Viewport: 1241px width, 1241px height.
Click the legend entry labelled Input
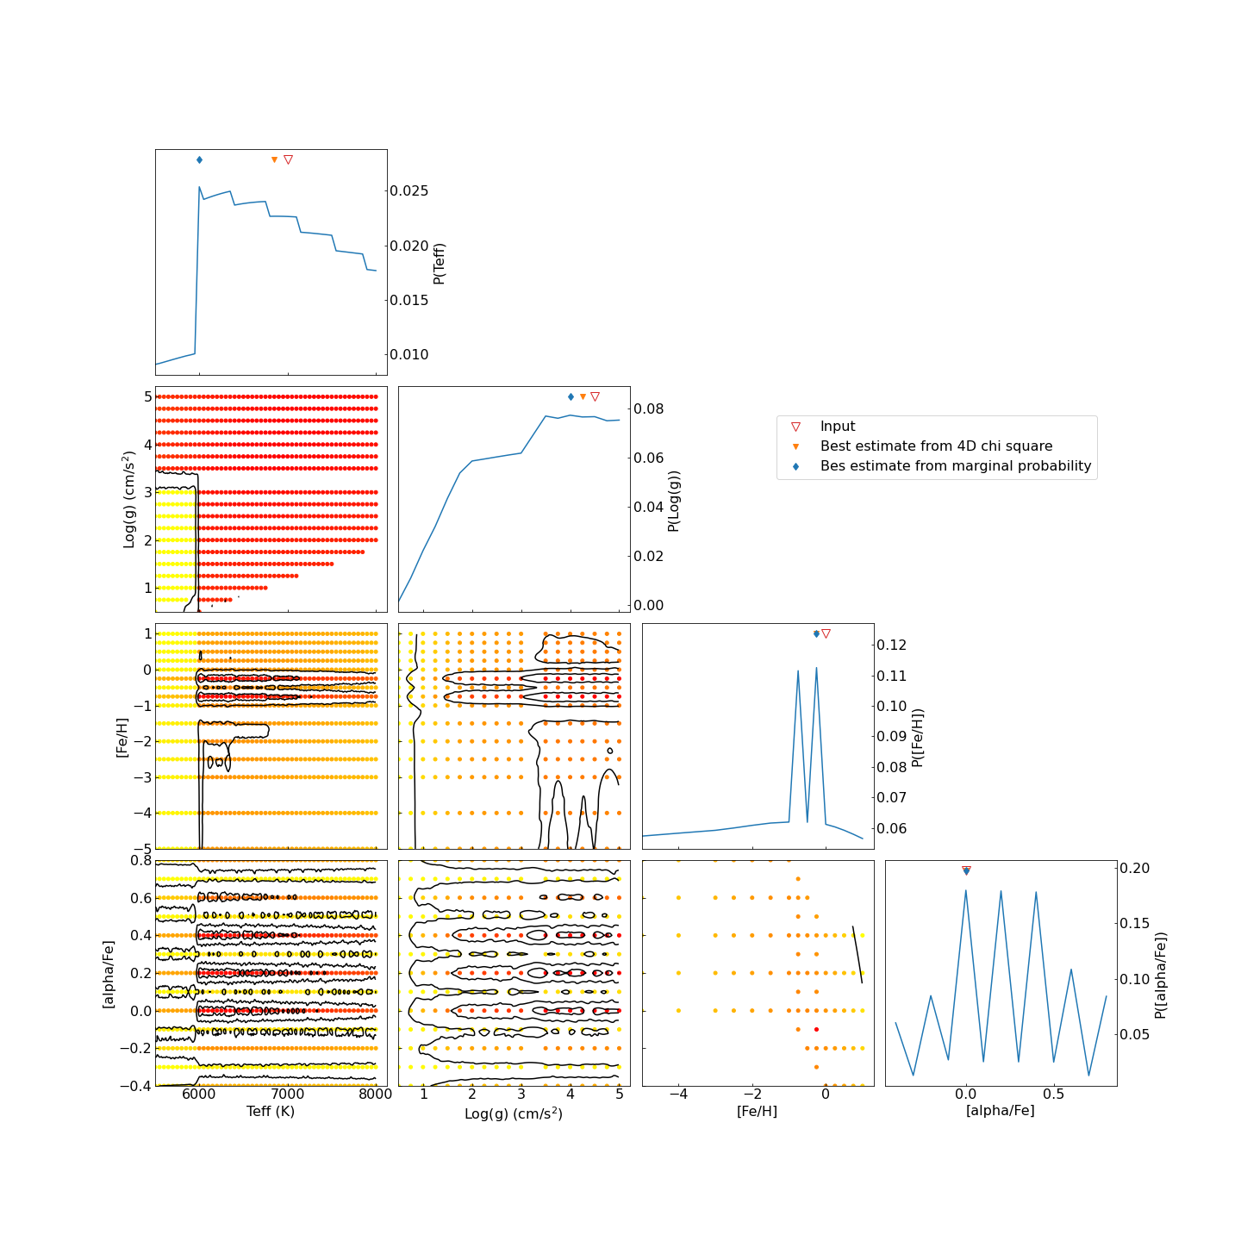[837, 427]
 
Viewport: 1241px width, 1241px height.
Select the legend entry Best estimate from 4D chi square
[936, 446]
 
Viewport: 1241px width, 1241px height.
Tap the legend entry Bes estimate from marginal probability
[955, 466]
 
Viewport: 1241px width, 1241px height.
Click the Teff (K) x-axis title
[271, 1111]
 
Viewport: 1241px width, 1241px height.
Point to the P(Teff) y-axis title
[439, 263]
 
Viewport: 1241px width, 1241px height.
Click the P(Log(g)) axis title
[674, 501]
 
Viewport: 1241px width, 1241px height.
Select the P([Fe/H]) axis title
[918, 738]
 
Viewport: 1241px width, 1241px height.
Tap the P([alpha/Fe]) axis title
[1161, 975]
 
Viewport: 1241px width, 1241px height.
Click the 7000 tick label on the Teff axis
[288, 1094]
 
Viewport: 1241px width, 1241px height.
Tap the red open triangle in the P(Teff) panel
[288, 159]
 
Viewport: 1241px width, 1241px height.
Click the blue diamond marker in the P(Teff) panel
[199, 159]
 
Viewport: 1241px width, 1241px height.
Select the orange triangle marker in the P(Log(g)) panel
[583, 396]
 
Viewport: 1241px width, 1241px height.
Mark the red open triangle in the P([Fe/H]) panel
[826, 633]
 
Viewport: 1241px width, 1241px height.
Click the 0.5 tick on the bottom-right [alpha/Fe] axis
[1053, 1094]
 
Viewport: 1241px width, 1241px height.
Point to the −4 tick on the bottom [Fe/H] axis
[679, 1094]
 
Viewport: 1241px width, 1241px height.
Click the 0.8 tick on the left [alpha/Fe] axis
[140, 860]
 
